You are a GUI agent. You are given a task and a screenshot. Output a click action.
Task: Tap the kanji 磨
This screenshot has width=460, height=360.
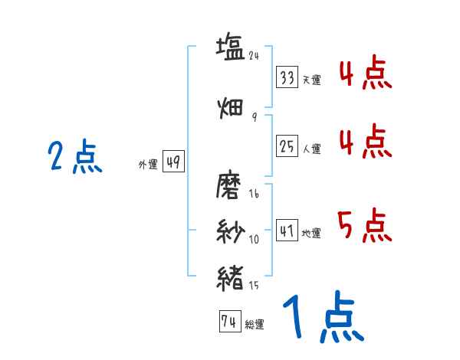click(230, 187)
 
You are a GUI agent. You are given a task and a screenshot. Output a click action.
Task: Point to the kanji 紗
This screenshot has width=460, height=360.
click(230, 231)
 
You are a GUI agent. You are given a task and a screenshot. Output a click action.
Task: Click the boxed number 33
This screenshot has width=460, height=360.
click(287, 78)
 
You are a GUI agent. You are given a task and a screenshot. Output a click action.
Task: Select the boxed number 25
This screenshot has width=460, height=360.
click(287, 147)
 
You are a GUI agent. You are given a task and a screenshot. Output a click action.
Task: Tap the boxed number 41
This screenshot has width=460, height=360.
click(287, 231)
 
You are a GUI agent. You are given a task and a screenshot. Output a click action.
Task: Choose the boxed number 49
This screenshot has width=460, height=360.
click(174, 162)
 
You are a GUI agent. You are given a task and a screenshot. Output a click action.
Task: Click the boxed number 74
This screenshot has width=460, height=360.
click(228, 322)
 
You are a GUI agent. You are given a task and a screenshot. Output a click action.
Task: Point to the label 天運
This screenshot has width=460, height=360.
click(311, 80)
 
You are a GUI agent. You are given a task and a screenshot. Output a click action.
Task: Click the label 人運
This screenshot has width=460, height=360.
click(311, 149)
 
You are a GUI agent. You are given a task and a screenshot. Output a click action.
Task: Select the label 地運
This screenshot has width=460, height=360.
click(311, 233)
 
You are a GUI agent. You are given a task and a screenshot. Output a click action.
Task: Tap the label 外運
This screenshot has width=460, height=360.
click(147, 165)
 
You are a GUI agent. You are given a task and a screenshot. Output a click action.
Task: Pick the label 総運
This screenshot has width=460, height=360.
click(255, 325)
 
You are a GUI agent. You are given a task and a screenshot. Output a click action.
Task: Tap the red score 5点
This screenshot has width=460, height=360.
click(364, 225)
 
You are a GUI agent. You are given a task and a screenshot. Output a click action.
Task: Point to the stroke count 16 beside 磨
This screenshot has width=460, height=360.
click(254, 194)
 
